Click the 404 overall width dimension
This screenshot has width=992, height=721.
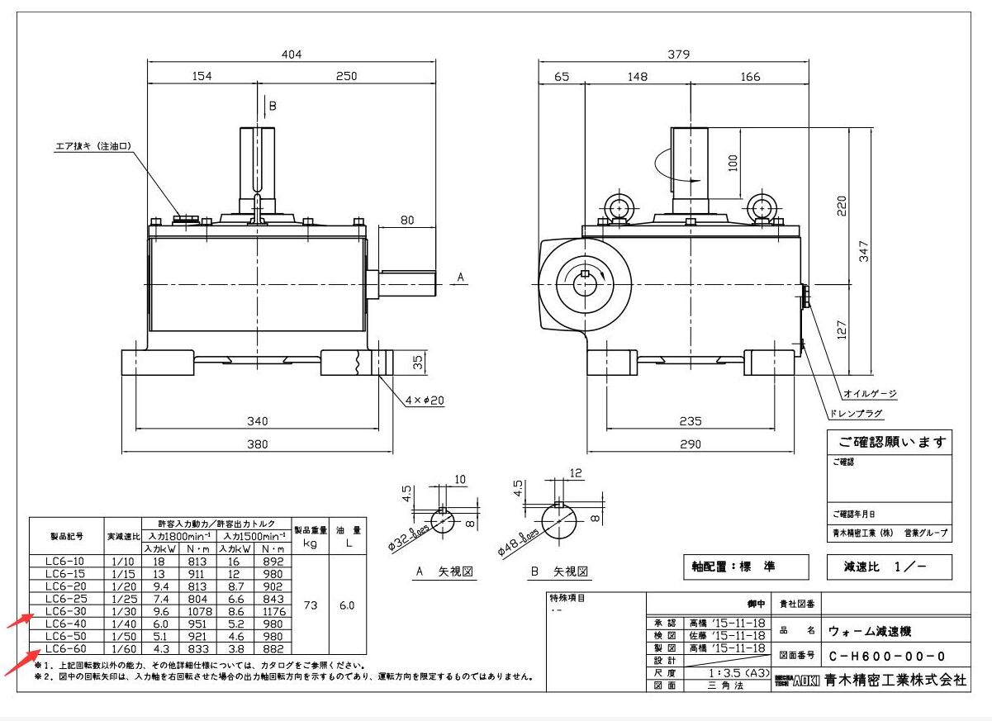point(292,55)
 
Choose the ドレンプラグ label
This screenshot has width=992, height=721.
point(855,413)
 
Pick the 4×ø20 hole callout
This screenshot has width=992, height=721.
point(425,401)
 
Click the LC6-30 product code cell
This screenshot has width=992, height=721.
point(66,611)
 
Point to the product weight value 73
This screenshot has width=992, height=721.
point(310,605)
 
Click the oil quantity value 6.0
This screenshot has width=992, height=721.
point(346,605)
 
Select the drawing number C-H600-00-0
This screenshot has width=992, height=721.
point(886,657)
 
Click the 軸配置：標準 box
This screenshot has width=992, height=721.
point(734,567)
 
